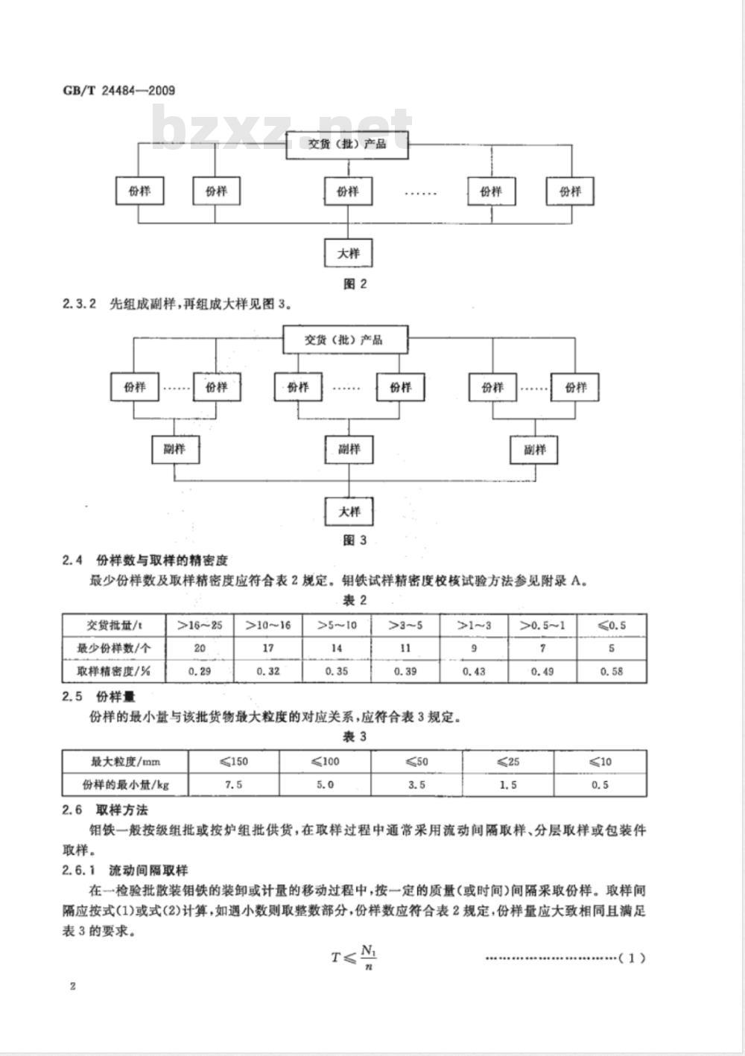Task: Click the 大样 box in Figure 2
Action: click(348, 253)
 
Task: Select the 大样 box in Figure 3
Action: click(349, 512)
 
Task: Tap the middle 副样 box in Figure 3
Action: click(349, 449)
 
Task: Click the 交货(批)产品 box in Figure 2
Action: click(348, 144)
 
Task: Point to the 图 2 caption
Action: click(354, 284)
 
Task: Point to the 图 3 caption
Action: click(354, 541)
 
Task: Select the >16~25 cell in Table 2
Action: click(200, 626)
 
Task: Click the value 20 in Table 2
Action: click(200, 648)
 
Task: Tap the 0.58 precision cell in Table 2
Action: click(612, 671)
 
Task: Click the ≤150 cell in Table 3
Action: click(233, 762)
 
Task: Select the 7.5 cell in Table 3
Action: click(233, 784)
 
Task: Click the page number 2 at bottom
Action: click(72, 987)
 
